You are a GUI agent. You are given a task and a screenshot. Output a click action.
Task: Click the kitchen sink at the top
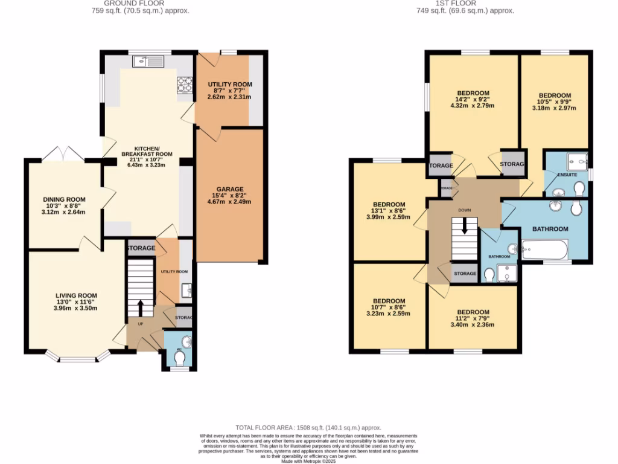(x=148, y=60)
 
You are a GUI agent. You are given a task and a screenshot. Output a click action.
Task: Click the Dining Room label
(x=63, y=199)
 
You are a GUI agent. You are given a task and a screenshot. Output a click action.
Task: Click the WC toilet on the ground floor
(x=179, y=358)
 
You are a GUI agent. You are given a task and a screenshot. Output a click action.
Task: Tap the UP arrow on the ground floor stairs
(x=140, y=308)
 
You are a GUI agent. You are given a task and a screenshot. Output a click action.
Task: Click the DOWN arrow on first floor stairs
(x=464, y=226)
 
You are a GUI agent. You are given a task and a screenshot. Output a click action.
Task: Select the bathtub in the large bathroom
(x=544, y=248)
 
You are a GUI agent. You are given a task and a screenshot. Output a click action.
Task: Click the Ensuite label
(x=567, y=175)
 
